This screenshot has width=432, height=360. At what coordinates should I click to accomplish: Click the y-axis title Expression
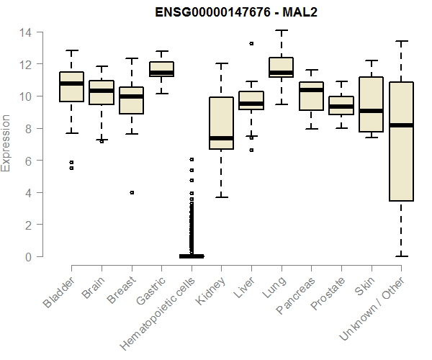(6, 145)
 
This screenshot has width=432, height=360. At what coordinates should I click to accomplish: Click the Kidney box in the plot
(221, 122)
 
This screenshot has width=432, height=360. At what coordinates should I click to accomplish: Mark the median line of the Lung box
(281, 73)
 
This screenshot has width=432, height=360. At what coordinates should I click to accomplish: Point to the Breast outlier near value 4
(131, 192)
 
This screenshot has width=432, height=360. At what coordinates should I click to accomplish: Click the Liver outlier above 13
(251, 43)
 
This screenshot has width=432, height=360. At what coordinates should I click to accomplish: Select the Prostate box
(341, 105)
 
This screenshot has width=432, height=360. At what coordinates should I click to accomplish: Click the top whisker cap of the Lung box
(281, 31)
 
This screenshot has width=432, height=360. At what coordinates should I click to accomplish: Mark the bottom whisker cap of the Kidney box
(221, 197)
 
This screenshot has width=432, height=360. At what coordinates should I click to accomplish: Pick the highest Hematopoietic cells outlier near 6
(192, 159)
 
